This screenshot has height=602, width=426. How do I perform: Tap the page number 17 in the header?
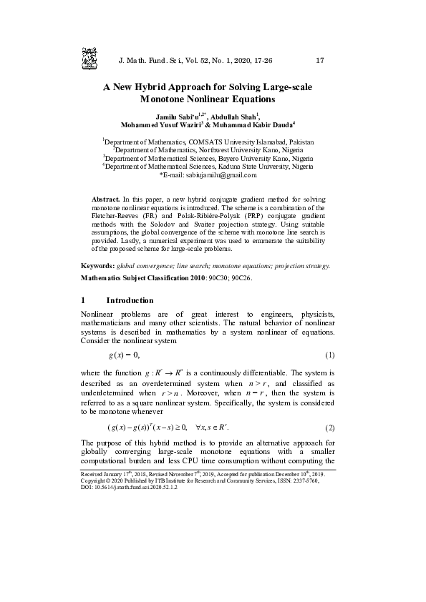pyautogui.click(x=320, y=60)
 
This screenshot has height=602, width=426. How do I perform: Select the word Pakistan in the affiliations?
pyautogui.click(x=300, y=142)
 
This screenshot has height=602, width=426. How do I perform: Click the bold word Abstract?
pyautogui.click(x=106, y=197)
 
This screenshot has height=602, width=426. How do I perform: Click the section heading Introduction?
pyautogui.click(x=130, y=300)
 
